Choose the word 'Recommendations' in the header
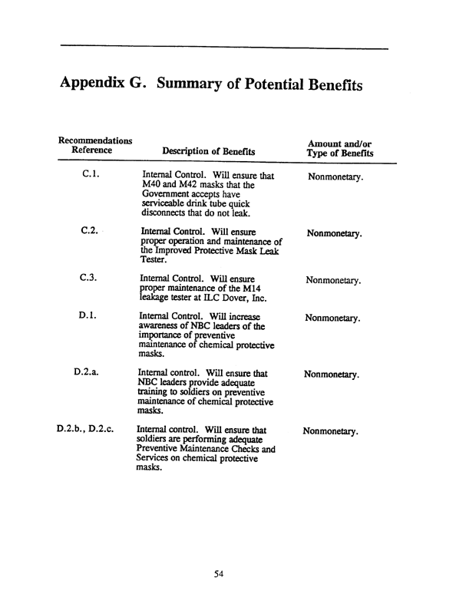pos(94,141)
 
